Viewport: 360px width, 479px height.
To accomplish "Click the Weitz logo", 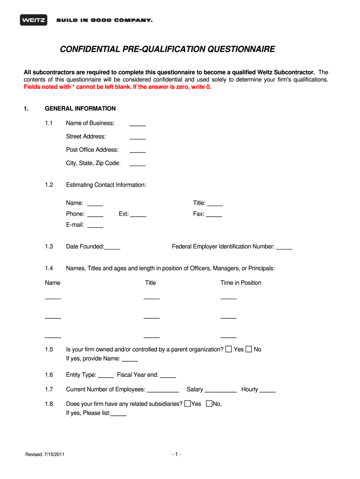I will click(x=32, y=20).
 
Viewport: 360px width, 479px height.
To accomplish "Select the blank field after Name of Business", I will click(x=137, y=124).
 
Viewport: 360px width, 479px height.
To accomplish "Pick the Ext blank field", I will click(x=138, y=215).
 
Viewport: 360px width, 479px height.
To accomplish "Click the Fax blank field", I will click(x=214, y=215).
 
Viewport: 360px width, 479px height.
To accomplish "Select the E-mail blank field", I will click(x=95, y=225).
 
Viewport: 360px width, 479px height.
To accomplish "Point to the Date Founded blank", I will click(x=113, y=247).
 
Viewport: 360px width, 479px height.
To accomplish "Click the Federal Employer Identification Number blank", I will click(x=284, y=247).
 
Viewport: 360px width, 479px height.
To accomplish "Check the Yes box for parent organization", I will click(x=229, y=349).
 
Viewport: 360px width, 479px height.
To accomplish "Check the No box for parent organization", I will click(x=249, y=349).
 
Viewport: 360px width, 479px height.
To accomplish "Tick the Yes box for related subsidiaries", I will click(x=187, y=404).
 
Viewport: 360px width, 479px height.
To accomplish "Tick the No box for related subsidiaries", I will click(x=209, y=404).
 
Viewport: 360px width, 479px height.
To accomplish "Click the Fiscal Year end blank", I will click(x=168, y=376).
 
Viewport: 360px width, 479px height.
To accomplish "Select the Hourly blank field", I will click(x=267, y=390).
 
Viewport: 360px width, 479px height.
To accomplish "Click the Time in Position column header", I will click(x=241, y=283).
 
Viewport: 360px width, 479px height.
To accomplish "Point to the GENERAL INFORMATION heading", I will click(x=80, y=109).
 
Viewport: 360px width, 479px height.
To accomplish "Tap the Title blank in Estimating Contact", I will click(x=215, y=204).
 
